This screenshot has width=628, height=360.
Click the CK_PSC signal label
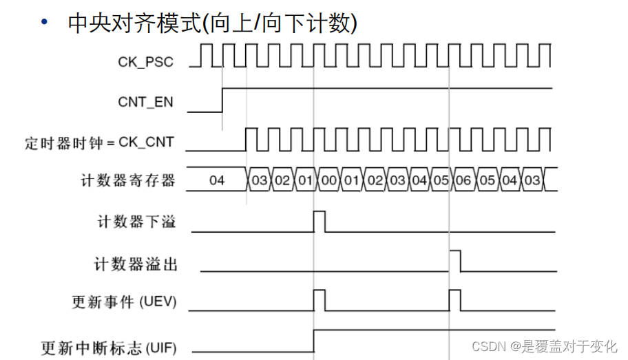pyautogui.click(x=145, y=62)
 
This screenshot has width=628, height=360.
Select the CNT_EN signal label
pyautogui.click(x=145, y=102)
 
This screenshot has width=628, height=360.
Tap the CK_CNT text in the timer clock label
pyautogui.click(x=146, y=142)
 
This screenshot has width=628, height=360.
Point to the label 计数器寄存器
pyautogui.click(x=128, y=181)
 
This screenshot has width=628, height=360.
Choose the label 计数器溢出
pyautogui.click(x=135, y=263)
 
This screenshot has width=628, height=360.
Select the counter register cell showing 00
pyautogui.click(x=328, y=181)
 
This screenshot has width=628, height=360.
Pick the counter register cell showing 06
pyautogui.click(x=463, y=181)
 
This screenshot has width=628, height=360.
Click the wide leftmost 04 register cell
pyautogui.click(x=217, y=181)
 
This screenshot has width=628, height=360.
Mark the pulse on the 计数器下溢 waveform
pyautogui.click(x=319, y=222)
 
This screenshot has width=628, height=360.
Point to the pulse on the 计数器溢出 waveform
pyautogui.click(x=454, y=262)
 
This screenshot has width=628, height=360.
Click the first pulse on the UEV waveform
pyautogui.click(x=319, y=301)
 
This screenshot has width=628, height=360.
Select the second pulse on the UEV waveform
pyautogui.click(x=454, y=301)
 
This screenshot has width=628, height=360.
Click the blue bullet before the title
pyautogui.click(x=45, y=23)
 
